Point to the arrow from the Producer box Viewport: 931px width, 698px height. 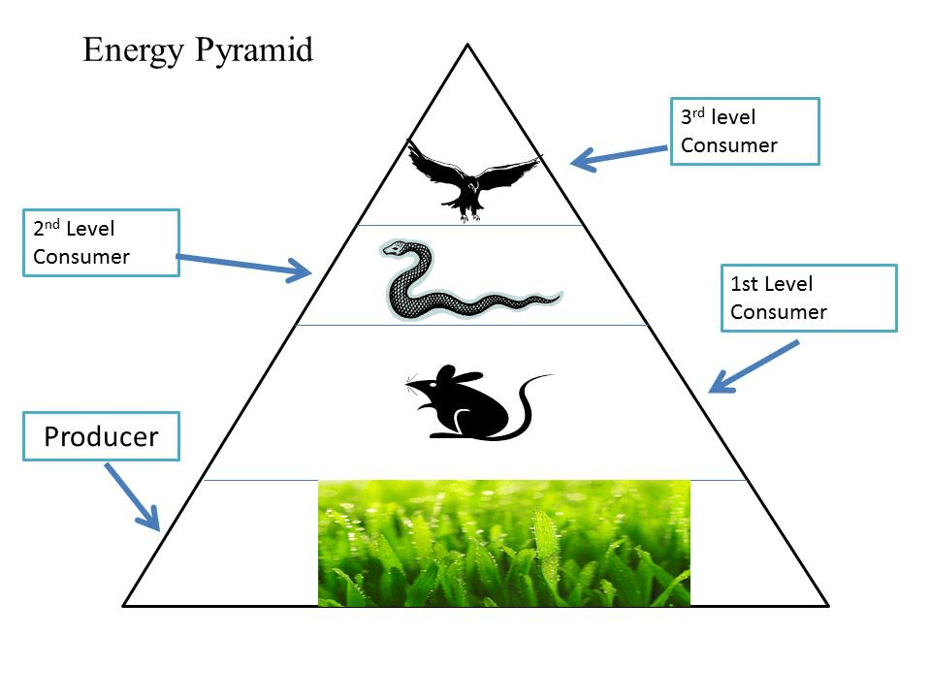(x=133, y=497)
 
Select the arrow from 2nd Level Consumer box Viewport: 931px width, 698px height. (x=244, y=265)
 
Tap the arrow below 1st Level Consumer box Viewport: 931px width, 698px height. (x=754, y=366)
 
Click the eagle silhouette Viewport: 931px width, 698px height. (x=472, y=179)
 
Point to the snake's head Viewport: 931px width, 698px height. (x=396, y=248)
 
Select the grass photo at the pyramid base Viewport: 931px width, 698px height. (x=504, y=543)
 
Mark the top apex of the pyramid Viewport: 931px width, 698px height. (x=467, y=44)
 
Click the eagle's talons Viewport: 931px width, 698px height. (x=469, y=216)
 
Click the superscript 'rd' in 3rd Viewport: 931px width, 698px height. (x=698, y=112)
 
